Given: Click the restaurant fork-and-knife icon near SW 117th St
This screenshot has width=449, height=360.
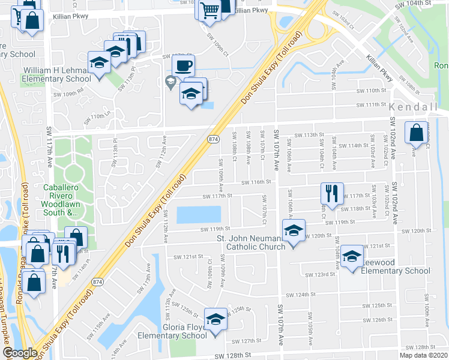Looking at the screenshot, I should click(331, 193).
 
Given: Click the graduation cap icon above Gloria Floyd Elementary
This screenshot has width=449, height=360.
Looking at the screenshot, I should click(215, 319).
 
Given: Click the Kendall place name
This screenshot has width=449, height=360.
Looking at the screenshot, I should click(414, 106).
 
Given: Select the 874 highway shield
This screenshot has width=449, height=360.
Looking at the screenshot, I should click(213, 139).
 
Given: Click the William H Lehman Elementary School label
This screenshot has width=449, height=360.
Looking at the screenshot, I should click(57, 75).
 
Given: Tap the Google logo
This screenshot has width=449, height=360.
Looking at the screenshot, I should click(19, 353).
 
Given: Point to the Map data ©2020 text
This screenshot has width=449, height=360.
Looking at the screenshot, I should click(424, 355).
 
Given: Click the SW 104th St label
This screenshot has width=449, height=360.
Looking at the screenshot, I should click(414, 4).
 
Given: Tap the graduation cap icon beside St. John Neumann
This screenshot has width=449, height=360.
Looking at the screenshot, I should click(294, 230).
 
